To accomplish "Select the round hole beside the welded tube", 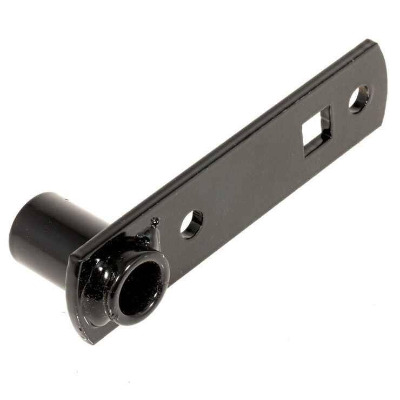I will [x=191, y=224].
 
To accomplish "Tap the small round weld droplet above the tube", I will [x=155, y=221].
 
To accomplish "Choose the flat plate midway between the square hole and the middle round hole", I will [x=254, y=178].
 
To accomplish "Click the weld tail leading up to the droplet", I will [x=149, y=232].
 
